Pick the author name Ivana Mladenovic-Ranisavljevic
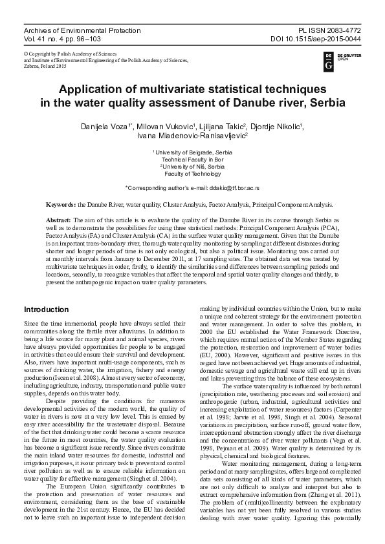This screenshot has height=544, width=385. click(x=191, y=136)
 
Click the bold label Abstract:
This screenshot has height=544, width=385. click(x=60, y=220)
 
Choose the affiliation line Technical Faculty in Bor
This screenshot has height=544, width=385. click(x=192, y=159)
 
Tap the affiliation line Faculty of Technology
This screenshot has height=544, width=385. click(x=192, y=173)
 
